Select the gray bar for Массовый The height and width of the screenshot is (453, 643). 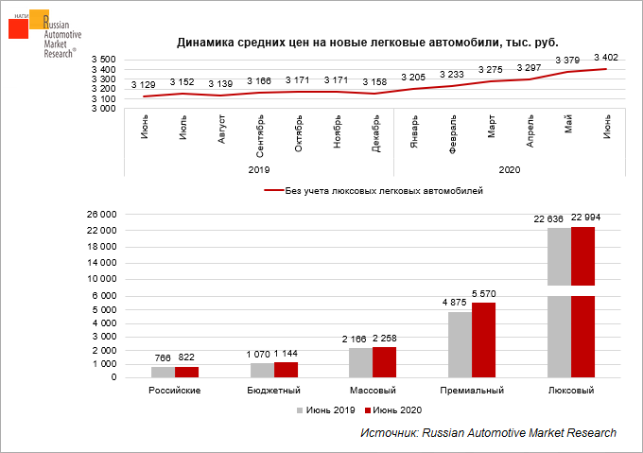(360, 362)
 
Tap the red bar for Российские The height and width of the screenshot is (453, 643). (187, 372)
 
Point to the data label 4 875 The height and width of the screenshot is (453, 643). (460, 303)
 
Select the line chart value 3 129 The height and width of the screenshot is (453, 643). (145, 86)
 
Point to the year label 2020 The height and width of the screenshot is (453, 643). (510, 170)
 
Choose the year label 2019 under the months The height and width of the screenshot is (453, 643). (259, 170)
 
